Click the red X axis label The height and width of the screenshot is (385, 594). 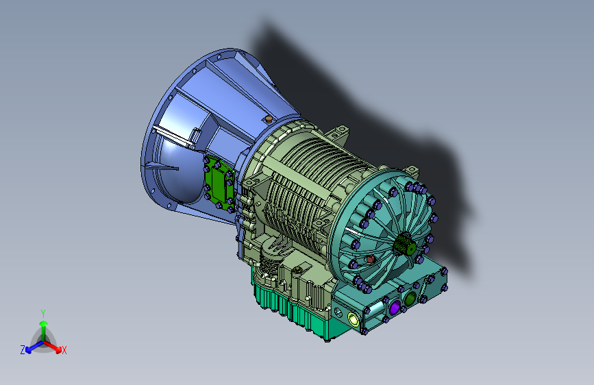(64, 351)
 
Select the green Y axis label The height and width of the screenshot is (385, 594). (43, 314)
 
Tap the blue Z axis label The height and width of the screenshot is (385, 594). (23, 350)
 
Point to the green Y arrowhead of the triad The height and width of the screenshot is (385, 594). (44, 323)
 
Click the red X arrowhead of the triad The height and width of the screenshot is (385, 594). (58, 349)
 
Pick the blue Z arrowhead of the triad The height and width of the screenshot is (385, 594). (28, 351)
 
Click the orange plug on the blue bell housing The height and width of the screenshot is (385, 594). (268, 120)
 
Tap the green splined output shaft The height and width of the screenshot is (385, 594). (406, 245)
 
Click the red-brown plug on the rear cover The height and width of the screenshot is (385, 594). (370, 259)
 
